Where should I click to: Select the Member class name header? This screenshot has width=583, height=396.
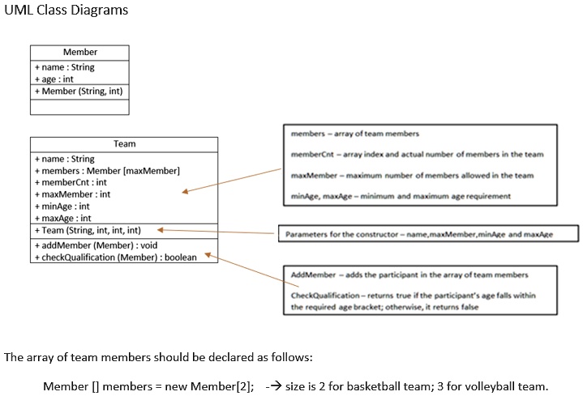click(x=79, y=52)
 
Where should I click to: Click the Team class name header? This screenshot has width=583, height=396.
click(x=124, y=143)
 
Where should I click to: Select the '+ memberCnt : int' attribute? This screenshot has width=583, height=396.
click(x=71, y=182)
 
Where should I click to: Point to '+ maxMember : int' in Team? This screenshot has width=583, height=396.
click(x=72, y=194)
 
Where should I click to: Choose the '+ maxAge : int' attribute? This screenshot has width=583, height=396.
click(x=62, y=218)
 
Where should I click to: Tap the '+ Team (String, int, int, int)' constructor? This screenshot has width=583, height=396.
click(x=88, y=230)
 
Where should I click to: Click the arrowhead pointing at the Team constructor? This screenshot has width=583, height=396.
click(x=161, y=230)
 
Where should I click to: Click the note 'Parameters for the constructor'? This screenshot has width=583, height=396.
click(x=419, y=234)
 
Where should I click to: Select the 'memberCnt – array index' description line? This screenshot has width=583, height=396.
click(x=417, y=154)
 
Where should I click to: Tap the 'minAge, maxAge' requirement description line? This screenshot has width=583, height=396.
click(x=401, y=195)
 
